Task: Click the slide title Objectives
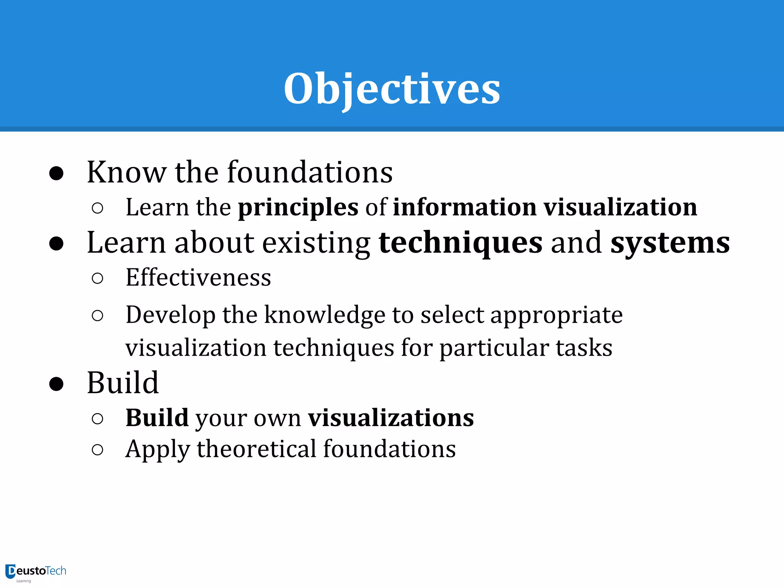(x=392, y=89)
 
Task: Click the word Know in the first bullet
(x=126, y=172)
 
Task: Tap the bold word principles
(x=298, y=207)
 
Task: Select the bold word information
(x=465, y=207)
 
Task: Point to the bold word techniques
(x=461, y=243)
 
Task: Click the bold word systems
(x=670, y=243)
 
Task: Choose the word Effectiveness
(x=198, y=278)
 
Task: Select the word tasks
(x=584, y=348)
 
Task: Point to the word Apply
(x=157, y=450)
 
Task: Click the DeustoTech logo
(x=36, y=572)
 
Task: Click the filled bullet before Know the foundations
(x=56, y=173)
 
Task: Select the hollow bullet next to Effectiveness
(x=98, y=278)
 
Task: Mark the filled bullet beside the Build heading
(x=56, y=384)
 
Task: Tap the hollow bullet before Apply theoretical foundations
(x=98, y=449)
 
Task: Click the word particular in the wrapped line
(x=494, y=348)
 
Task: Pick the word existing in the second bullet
(x=316, y=243)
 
